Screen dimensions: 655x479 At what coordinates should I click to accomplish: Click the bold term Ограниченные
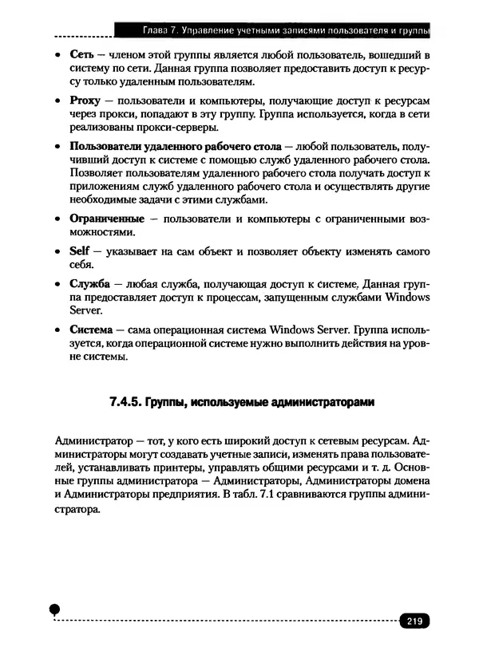pos(107,218)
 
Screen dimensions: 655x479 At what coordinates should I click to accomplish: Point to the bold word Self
pos(80,251)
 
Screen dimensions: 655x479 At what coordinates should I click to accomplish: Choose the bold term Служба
pos(89,283)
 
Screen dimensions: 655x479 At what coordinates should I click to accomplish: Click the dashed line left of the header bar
pos(84,37)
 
